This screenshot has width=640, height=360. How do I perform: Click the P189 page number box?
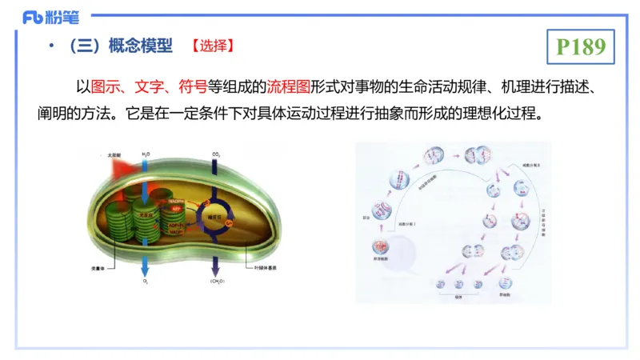click(582, 47)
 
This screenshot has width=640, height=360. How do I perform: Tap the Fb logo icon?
click(34, 17)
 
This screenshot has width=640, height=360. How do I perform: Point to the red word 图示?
click(107, 86)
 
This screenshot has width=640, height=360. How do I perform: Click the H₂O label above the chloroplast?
click(146, 153)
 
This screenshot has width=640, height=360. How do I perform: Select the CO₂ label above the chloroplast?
click(216, 153)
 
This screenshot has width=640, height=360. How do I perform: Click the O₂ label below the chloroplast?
click(145, 282)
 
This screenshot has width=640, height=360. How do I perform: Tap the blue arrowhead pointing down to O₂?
click(145, 266)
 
